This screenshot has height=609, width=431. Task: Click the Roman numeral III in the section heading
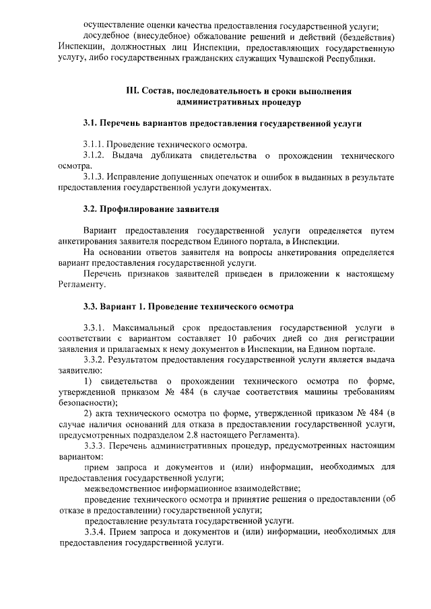point(133,91)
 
